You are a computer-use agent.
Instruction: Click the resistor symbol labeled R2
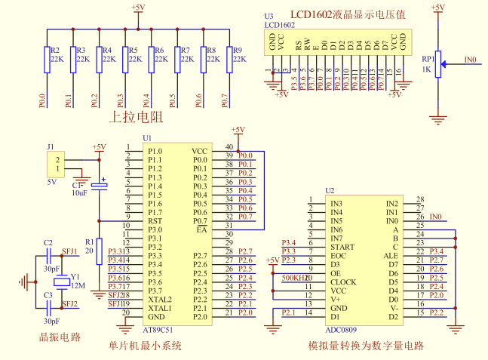48,60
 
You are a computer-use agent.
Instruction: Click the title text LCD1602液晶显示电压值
348,15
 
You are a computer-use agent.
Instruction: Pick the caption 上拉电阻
137,118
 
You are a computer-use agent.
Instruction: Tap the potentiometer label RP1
428,57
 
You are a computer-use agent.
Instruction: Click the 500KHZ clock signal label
294,278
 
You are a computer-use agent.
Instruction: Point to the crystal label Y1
75,276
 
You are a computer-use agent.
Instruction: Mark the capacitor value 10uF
79,193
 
